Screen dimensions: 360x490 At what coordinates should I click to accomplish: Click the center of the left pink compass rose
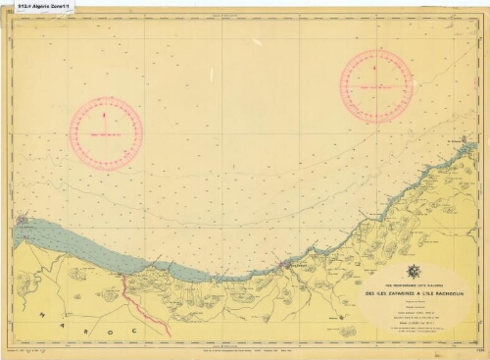coord(106,133)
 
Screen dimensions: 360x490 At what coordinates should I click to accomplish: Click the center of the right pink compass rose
coord(376,85)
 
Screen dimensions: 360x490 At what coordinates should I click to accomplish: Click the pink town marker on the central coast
coord(284,263)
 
